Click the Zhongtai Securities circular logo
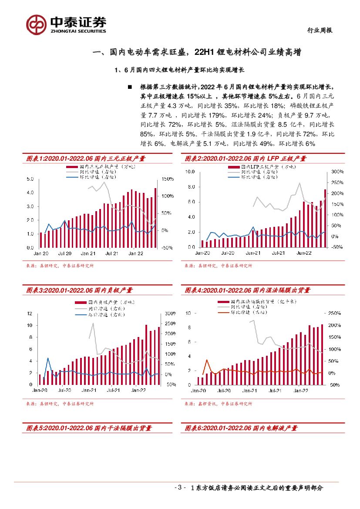(x=36, y=24)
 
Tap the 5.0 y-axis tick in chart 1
(x=30, y=179)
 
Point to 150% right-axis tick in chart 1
(x=168, y=179)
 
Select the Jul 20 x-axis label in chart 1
(x=64, y=253)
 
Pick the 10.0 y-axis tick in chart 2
(x=189, y=172)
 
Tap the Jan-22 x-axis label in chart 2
(x=303, y=253)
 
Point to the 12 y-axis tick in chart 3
(x=30, y=313)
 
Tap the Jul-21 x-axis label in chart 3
(x=114, y=391)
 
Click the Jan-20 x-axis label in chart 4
(x=198, y=391)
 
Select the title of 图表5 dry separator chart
(x=89, y=428)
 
